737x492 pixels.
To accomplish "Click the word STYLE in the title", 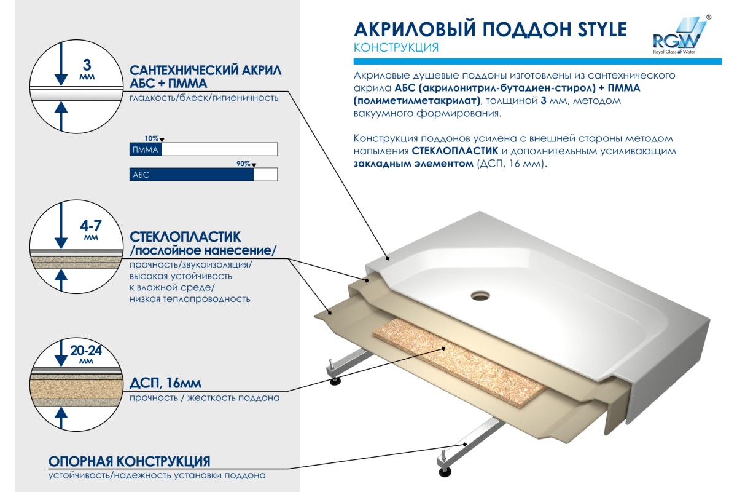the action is point(602,30).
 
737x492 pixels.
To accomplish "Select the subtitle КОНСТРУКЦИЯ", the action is point(396,48).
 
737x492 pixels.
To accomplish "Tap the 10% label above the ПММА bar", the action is point(151,138).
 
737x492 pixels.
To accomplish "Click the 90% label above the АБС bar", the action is point(243,164).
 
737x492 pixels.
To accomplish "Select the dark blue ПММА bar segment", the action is point(146,149).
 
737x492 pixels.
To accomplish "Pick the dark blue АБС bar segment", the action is point(192,174).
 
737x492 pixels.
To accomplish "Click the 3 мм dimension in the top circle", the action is point(87,68).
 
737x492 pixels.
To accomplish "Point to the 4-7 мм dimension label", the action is point(91,229).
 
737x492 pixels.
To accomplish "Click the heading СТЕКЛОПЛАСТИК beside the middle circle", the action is point(185,237).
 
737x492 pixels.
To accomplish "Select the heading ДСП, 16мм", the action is point(165,383).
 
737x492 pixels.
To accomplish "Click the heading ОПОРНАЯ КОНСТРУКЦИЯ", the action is point(130,461).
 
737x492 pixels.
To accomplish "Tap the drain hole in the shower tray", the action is point(480,295).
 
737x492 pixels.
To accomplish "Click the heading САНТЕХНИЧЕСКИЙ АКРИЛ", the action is point(206,70).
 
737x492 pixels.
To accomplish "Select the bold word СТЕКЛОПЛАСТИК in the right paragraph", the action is point(455,151).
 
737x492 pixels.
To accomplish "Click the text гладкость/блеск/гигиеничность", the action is point(204,98).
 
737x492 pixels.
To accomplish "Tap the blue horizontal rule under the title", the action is point(537,61).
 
